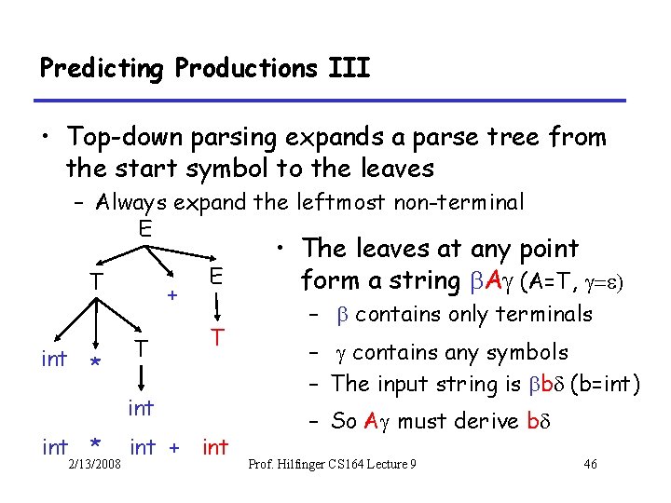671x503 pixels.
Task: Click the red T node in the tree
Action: coord(215,337)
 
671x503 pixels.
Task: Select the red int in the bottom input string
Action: coord(215,447)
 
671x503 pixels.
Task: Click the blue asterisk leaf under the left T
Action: coord(93,362)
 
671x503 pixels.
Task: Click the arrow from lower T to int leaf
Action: coord(141,377)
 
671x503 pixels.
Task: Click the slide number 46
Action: coord(589,465)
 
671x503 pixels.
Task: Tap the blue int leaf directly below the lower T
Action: coord(141,407)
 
